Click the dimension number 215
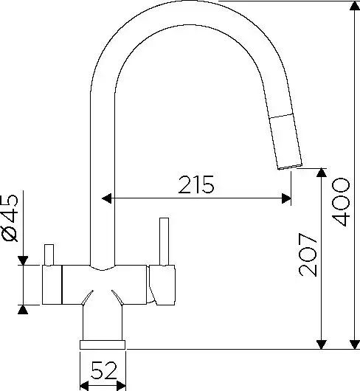pyautogui.click(x=196, y=184)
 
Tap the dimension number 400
pyautogui.click(x=341, y=202)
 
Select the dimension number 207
pyautogui.click(x=308, y=255)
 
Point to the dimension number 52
pyautogui.click(x=103, y=370)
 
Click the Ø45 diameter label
pyautogui.click(x=10, y=218)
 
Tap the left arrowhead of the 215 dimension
pyautogui.click(x=107, y=198)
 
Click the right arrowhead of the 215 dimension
pyautogui.click(x=286, y=198)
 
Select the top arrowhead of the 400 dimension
pyautogui.click(x=355, y=6)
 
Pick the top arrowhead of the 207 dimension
pyautogui.click(x=322, y=173)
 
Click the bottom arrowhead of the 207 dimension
pyautogui.click(x=322, y=345)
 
